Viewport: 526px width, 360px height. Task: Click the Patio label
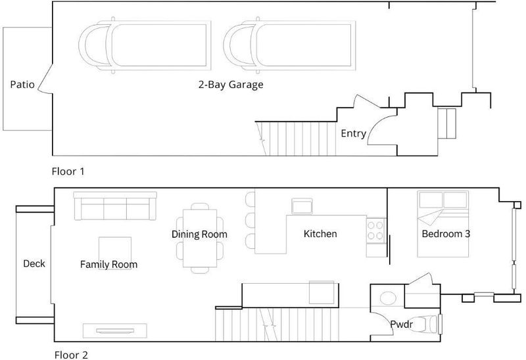(22, 84)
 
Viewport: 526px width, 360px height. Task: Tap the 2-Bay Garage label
(231, 85)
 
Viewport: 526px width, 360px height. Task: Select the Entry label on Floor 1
(353, 133)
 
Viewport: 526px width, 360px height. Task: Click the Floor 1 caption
(68, 171)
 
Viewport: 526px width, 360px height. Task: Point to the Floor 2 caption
(71, 355)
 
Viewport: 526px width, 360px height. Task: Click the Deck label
(34, 263)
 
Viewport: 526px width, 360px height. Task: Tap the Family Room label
(108, 265)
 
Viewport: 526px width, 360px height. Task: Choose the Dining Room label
(199, 234)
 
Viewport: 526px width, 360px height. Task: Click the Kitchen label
(320, 234)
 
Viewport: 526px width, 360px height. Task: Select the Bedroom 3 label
(446, 234)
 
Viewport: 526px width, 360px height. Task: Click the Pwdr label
(401, 324)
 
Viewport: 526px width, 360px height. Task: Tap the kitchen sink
(302, 206)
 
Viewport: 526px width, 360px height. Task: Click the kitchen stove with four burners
(375, 231)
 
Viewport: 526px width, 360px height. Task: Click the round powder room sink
(387, 298)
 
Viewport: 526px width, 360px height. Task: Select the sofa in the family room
(115, 206)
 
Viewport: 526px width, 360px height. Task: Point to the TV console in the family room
(114, 330)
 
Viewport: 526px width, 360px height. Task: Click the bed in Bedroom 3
(442, 224)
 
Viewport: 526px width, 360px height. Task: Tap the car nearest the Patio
(145, 45)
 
